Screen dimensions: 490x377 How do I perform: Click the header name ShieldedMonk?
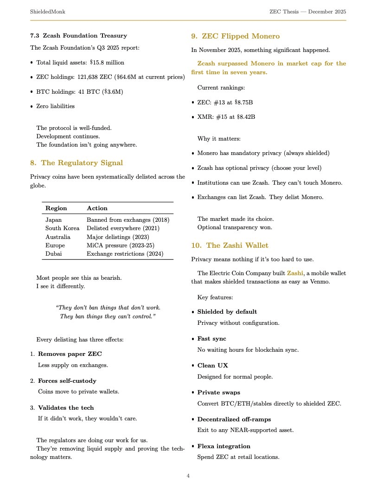(x=47, y=11)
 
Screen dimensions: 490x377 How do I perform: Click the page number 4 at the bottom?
(x=188, y=476)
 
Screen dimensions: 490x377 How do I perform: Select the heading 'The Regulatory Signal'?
(x=82, y=162)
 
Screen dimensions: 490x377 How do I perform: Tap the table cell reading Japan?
(x=53, y=219)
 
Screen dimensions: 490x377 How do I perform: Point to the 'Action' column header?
(x=97, y=208)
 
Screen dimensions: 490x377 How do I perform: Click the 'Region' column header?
(x=56, y=208)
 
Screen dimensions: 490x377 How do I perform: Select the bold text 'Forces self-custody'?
(x=67, y=380)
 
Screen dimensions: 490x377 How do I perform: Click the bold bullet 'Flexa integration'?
(x=224, y=446)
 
